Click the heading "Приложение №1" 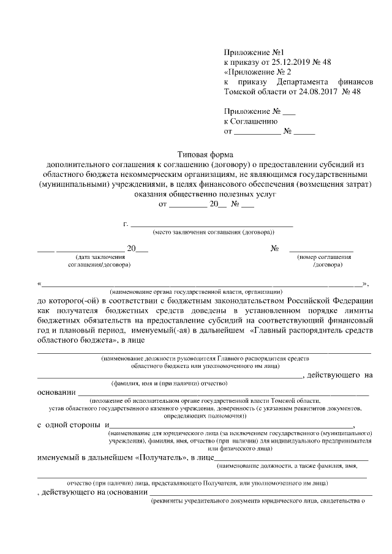[252, 53]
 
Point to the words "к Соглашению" [251, 121]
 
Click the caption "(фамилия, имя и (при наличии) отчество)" [169, 383]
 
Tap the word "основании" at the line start [57, 392]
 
